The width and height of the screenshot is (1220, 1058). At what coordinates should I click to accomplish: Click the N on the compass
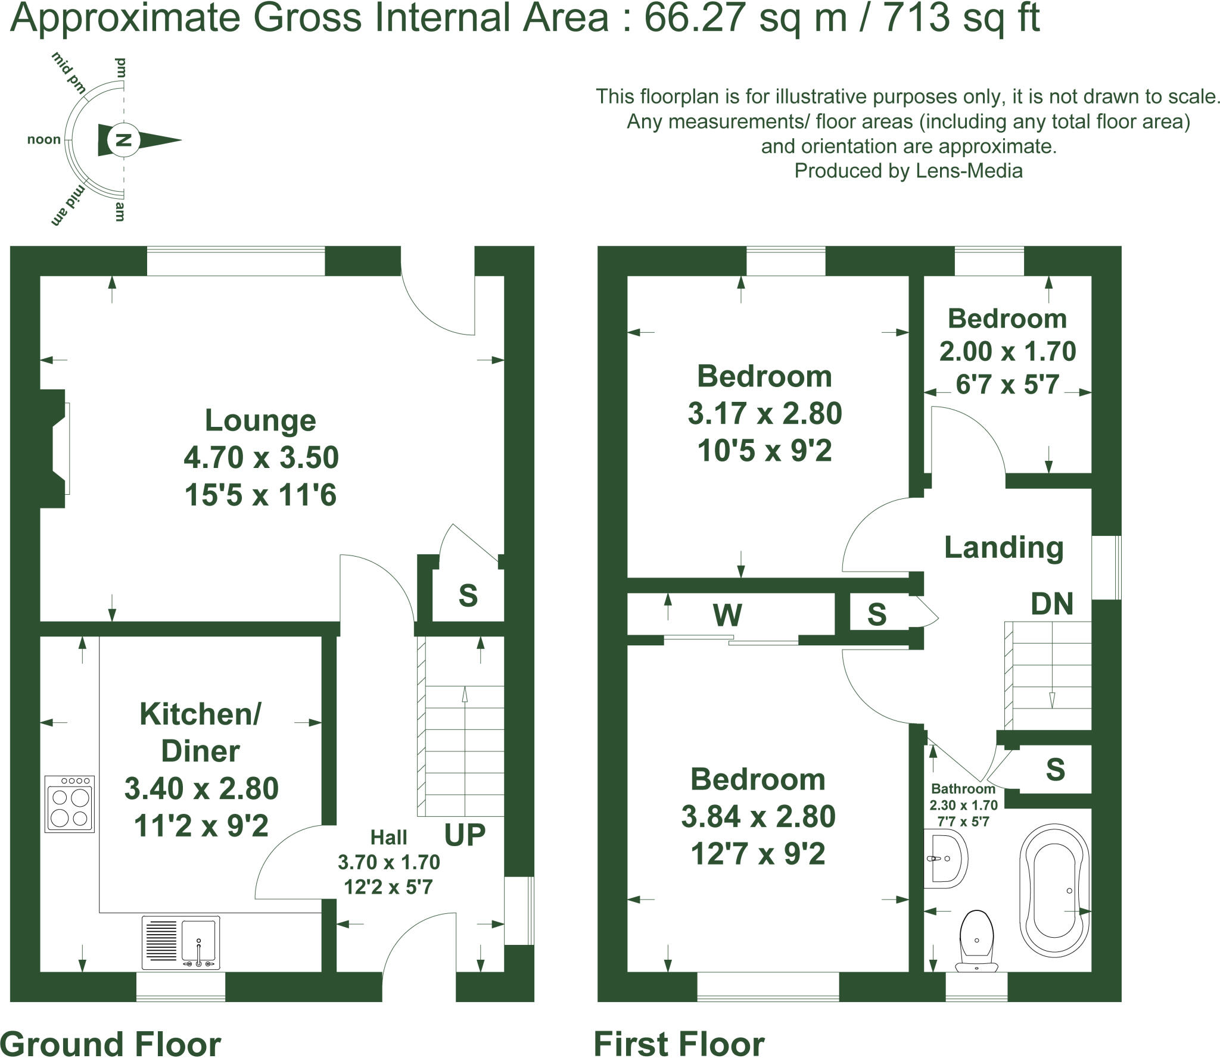123,141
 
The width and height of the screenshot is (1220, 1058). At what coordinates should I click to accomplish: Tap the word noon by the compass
44,139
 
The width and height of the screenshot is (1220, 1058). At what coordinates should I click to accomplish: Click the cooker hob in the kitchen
70,803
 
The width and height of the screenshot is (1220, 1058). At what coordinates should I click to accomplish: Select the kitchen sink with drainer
181,942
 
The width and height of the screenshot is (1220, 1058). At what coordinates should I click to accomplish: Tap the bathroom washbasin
946,860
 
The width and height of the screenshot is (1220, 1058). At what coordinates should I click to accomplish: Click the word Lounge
260,420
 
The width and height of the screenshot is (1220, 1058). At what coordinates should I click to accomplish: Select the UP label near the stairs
465,835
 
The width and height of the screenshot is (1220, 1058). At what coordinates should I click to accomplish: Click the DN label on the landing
1052,604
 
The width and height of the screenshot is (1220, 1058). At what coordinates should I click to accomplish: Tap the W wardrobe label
727,615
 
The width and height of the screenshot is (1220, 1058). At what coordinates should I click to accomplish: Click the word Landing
1004,548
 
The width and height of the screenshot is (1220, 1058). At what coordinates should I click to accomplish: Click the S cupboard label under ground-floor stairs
468,595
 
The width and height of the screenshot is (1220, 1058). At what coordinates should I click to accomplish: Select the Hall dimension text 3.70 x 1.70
388,862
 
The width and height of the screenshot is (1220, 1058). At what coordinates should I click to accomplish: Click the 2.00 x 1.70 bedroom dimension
1007,351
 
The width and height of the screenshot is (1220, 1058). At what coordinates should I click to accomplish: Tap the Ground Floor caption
111,1044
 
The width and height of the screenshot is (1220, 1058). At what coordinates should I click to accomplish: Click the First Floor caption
679,1044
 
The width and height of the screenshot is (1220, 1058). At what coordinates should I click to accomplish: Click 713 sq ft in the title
960,18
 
